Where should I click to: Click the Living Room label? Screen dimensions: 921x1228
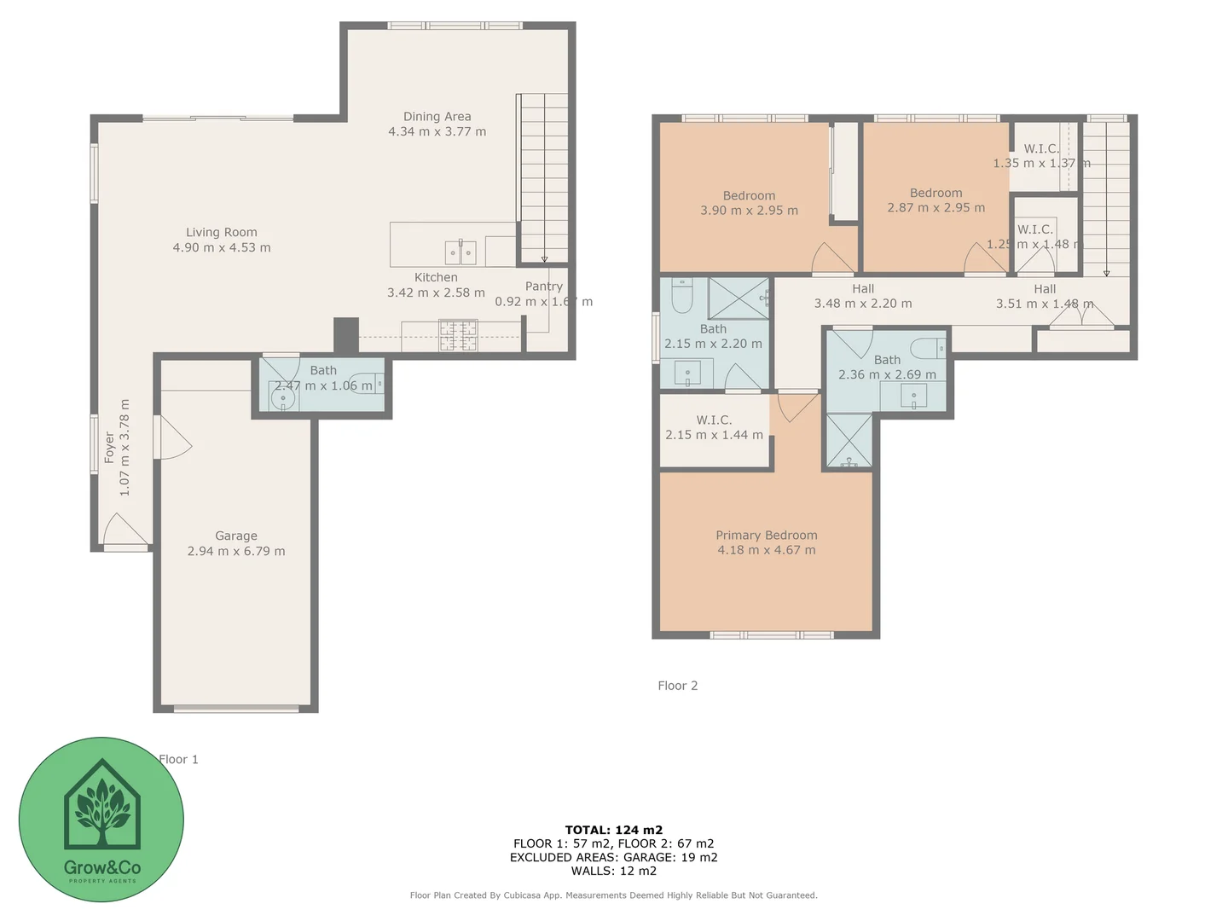tap(222, 232)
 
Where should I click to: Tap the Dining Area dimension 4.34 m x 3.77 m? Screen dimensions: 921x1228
tap(437, 132)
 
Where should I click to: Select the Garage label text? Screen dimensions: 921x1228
tap(236, 536)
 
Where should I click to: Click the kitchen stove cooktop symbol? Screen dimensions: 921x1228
tap(458, 334)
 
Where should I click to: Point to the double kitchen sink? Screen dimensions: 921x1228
tap(460, 252)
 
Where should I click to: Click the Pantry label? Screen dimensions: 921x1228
tap(544, 287)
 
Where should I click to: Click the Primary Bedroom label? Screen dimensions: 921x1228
tap(767, 536)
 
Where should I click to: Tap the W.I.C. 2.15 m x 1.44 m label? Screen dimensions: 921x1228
tap(714, 427)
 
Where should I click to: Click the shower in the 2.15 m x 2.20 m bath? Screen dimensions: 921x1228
tap(739, 298)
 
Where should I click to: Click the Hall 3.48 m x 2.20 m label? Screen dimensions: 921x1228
tap(863, 296)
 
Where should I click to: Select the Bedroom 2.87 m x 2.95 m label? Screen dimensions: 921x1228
tap(935, 200)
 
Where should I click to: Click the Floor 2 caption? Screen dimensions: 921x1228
tap(678, 686)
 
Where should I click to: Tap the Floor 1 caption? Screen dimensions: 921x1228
tap(178, 759)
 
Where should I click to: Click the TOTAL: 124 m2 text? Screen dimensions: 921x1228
tap(614, 830)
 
